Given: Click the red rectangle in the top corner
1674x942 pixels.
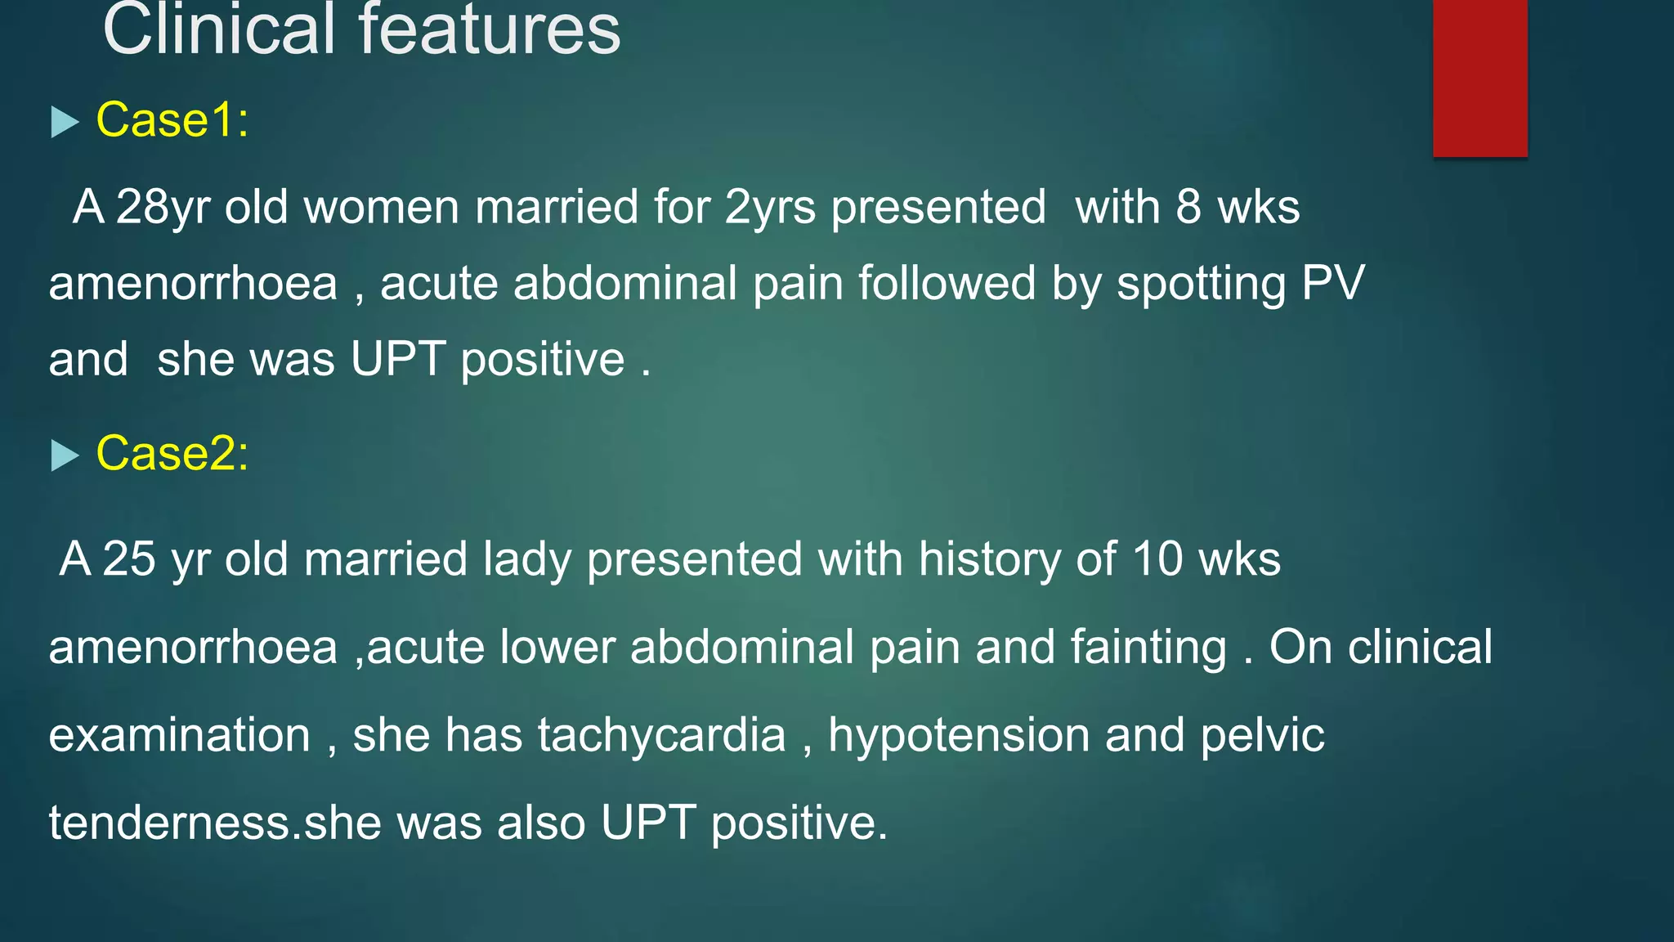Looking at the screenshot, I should pos(1479,78).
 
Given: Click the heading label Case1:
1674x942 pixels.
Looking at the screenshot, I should pos(172,120).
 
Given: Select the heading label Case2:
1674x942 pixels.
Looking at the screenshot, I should pos(172,453).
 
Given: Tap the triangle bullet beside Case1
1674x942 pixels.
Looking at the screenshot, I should pos(65,123).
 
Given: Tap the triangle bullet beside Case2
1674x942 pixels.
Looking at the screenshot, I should pos(65,455).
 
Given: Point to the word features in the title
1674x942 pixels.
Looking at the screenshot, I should pos(490,30).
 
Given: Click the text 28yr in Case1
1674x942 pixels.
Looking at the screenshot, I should pos(163,207).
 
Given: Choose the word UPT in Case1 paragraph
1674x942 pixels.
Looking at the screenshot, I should pos(398,359).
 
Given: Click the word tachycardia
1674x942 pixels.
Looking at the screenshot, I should pos(661,735).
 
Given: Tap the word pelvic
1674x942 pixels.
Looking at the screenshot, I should pos(1262,735).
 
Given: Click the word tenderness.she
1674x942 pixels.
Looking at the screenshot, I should pos(215,823).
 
